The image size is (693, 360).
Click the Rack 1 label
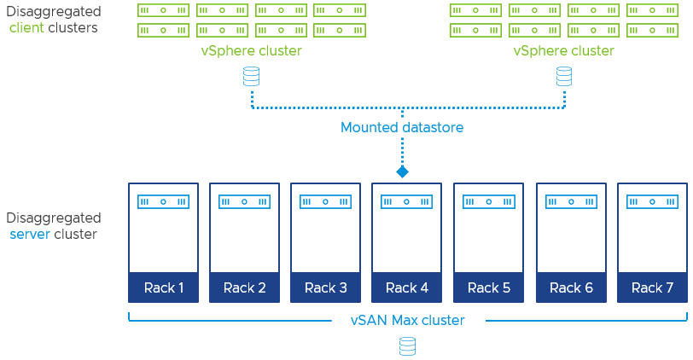(163, 287)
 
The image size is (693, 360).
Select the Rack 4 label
(407, 287)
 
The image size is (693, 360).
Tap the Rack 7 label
(652, 287)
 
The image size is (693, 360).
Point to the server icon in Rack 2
(244, 202)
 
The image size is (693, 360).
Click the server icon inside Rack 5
(488, 202)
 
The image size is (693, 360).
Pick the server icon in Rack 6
(570, 202)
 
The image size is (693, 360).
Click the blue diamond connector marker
(402, 171)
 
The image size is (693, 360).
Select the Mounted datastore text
(402, 128)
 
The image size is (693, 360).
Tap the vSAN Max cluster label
(408, 321)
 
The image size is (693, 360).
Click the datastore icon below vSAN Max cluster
(408, 346)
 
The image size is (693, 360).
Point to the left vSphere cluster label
(252, 50)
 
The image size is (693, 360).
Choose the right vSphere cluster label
(564, 50)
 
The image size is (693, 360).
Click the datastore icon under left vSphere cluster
(252, 77)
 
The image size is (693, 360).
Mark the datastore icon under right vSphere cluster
(564, 77)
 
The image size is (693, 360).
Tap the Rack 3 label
(326, 287)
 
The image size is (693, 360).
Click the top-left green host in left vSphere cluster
(163, 10)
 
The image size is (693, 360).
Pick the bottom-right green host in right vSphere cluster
(652, 30)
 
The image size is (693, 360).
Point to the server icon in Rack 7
(652, 202)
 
